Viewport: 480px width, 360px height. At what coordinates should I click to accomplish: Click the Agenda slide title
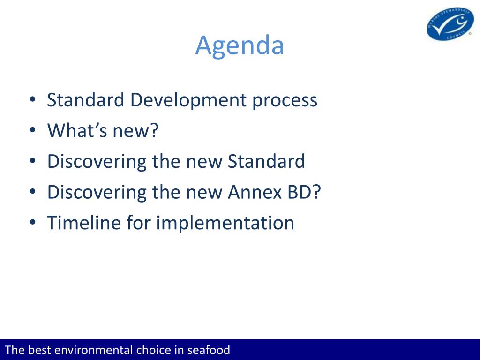[x=240, y=46]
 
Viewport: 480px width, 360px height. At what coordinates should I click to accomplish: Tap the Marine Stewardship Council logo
[x=450, y=24]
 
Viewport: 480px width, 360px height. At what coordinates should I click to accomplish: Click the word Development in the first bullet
[x=188, y=100]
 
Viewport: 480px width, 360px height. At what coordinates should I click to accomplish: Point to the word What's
[x=77, y=130]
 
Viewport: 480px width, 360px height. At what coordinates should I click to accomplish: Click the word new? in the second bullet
[x=135, y=131]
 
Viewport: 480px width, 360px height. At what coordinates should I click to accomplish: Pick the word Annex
[x=255, y=192]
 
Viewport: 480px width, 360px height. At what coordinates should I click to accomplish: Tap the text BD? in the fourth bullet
[x=304, y=192]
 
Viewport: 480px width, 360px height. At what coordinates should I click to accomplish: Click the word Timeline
[x=84, y=223]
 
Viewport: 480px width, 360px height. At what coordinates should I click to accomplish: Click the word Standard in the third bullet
[x=266, y=161]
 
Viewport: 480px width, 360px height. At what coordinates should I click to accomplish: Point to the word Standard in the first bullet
[x=85, y=100]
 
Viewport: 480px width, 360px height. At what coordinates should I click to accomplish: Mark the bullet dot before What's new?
[x=33, y=130]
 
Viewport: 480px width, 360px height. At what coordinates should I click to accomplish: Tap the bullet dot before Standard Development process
[x=33, y=99]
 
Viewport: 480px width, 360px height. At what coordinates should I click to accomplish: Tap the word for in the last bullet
[x=139, y=223]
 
